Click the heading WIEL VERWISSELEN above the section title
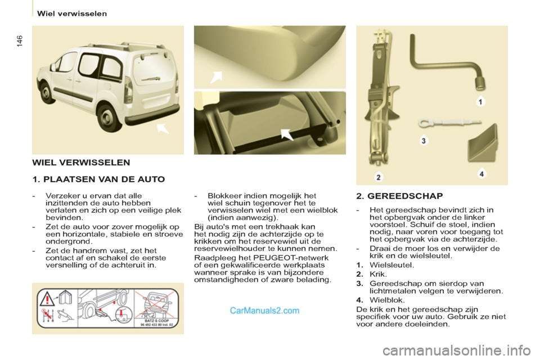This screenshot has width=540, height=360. (81, 163)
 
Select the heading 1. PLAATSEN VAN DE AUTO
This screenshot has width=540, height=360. (98, 179)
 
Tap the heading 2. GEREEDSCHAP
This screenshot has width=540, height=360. (399, 196)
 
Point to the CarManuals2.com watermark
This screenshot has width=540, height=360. (264, 310)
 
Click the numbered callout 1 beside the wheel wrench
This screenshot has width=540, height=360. (480, 102)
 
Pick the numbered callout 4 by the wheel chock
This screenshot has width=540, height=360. (482, 174)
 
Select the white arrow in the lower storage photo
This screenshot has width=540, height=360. (286, 134)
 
